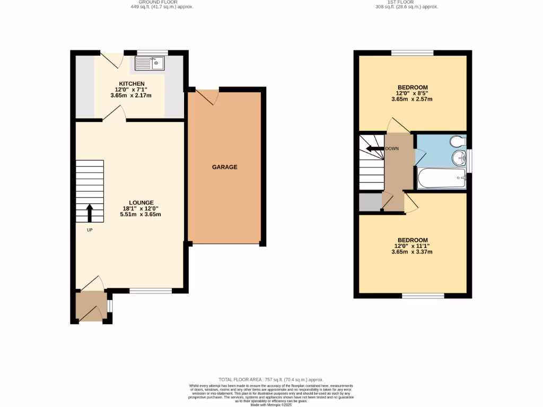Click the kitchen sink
[150, 64]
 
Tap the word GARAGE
[224, 167]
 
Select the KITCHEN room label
[132, 84]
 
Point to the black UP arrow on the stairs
[89, 213]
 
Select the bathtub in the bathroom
[441, 178]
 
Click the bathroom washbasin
[459, 157]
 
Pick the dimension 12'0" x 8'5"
[412, 93]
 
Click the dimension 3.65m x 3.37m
[412, 252]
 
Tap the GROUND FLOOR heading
[162, 2]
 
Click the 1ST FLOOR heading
[406, 2]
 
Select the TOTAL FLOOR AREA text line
[271, 380]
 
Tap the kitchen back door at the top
[111, 59]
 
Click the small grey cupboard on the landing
[370, 202]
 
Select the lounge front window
[151, 290]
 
